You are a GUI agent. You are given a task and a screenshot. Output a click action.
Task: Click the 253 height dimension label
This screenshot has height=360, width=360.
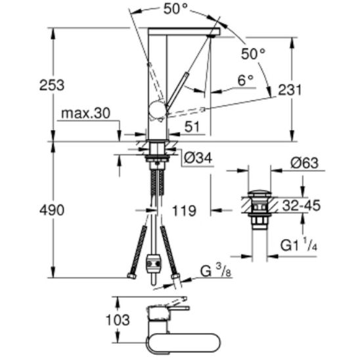(x=52, y=85)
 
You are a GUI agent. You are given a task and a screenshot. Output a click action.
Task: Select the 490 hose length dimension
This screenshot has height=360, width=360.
(x=52, y=210)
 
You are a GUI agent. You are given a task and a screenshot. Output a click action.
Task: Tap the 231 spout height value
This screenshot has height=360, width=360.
(x=290, y=90)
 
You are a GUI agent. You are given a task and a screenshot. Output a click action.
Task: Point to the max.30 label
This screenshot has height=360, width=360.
(x=86, y=113)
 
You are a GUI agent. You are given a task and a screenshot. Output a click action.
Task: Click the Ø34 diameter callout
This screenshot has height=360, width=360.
(x=198, y=158)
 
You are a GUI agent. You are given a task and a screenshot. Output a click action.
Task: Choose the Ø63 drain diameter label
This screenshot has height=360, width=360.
(x=304, y=163)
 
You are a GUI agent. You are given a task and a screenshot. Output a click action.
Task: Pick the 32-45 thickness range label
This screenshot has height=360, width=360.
(x=302, y=205)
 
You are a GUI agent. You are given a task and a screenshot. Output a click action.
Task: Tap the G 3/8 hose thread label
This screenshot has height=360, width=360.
(x=216, y=271)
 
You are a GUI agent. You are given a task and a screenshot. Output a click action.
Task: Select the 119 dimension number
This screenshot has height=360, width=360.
(x=184, y=211)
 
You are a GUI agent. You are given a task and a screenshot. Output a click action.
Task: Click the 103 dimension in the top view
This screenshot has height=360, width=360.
(x=118, y=320)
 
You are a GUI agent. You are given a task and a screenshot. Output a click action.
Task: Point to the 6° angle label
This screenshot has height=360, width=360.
(x=246, y=80)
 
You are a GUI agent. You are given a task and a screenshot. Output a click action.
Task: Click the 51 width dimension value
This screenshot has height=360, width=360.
(x=192, y=127)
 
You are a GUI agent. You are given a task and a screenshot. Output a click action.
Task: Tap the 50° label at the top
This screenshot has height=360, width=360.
(x=175, y=9)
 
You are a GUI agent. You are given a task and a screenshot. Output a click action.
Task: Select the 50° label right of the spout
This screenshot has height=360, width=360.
(x=253, y=54)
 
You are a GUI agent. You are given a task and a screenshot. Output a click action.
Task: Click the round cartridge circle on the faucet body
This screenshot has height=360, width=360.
(x=157, y=109)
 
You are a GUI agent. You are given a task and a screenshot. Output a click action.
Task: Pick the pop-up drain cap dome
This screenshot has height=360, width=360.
(x=259, y=193)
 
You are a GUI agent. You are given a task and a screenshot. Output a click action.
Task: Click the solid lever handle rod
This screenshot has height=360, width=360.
(x=177, y=91)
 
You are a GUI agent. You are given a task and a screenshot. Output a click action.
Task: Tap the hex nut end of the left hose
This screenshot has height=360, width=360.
(x=131, y=276)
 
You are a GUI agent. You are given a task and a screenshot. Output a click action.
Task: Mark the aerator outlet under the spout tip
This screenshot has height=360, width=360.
(x=212, y=36)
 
